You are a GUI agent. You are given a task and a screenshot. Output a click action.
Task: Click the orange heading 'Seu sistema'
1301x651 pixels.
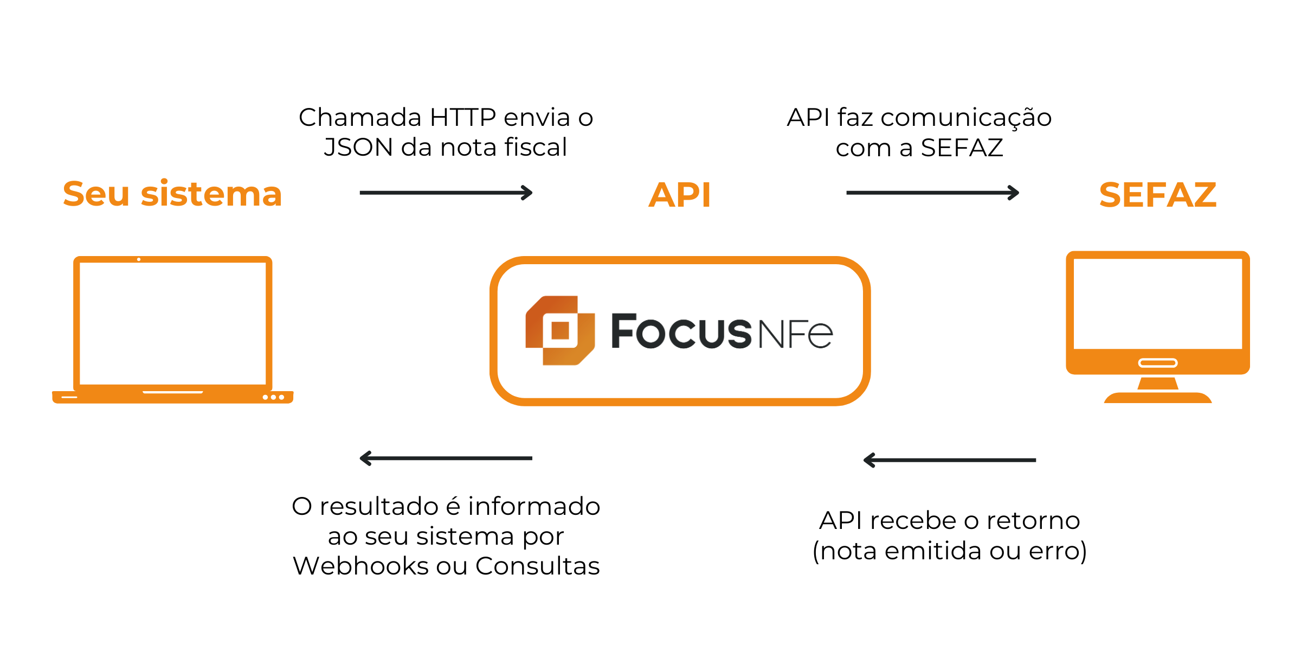click(172, 194)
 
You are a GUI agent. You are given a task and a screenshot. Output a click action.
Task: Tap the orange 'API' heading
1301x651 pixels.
click(679, 195)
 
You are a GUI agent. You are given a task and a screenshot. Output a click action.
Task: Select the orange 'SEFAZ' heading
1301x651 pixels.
click(1157, 195)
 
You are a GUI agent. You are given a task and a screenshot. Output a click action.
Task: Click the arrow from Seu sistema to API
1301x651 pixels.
click(446, 193)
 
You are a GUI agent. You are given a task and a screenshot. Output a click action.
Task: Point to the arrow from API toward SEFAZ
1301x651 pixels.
click(932, 193)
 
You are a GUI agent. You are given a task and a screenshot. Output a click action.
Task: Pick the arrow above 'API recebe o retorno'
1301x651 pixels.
click(950, 460)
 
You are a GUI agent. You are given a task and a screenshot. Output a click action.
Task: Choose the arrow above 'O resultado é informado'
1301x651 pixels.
click(446, 458)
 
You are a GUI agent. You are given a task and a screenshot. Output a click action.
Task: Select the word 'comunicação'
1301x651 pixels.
click(966, 118)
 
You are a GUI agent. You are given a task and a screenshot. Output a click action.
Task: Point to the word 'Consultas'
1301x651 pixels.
click(537, 566)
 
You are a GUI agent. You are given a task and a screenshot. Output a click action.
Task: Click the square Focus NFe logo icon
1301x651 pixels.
click(560, 330)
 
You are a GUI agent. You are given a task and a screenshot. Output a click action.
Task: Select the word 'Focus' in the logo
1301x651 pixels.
click(681, 331)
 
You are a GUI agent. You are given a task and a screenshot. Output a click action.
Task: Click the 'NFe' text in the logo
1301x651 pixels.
click(795, 334)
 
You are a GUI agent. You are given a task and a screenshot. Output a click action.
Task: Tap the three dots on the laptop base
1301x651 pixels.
click(273, 397)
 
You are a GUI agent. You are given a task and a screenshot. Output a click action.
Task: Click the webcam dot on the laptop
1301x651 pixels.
click(139, 259)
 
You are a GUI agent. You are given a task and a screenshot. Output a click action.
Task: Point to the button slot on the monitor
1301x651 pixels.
click(1157, 363)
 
